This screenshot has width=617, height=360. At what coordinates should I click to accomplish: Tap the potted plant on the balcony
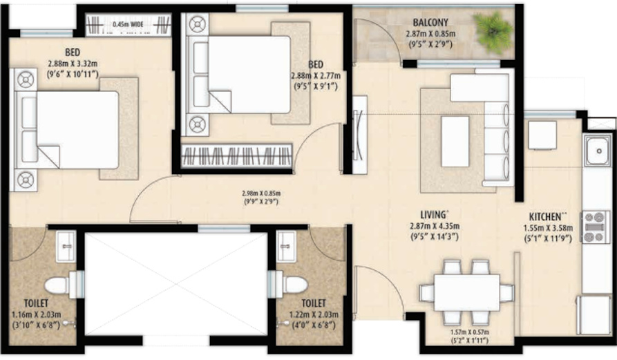point(494,30)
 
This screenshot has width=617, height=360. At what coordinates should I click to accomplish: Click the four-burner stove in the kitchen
point(595,227)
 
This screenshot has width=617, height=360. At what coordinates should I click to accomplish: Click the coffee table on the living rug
point(455,141)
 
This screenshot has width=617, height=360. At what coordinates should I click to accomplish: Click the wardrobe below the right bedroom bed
point(236,155)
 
